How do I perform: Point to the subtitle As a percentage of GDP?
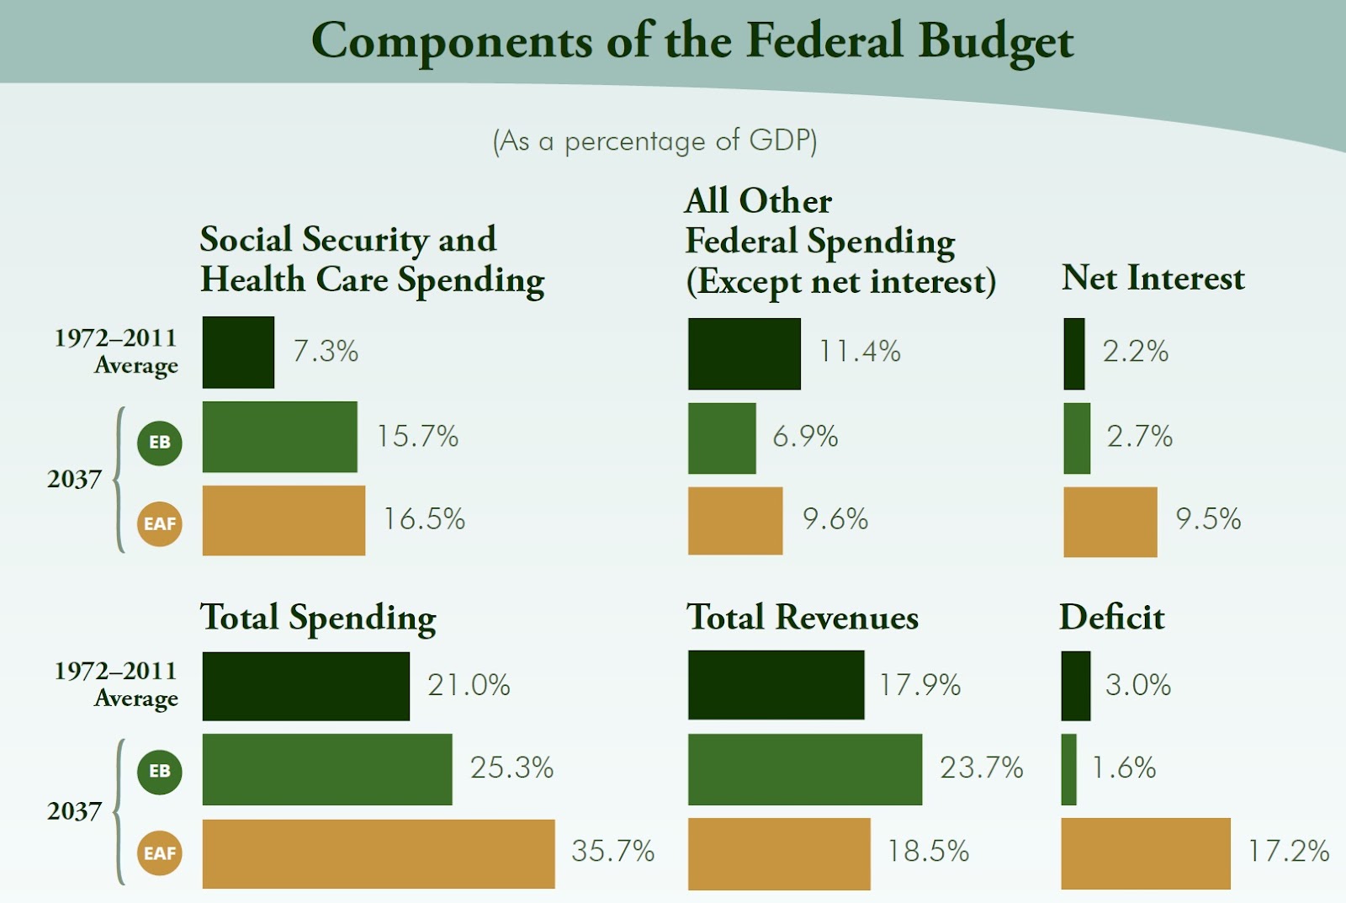(x=654, y=141)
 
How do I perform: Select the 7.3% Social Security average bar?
(x=238, y=353)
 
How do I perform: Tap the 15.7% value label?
(x=417, y=436)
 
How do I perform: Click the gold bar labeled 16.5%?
(x=284, y=520)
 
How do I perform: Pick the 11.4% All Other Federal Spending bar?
(x=744, y=353)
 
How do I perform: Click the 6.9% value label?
(x=805, y=436)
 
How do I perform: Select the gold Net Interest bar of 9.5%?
(x=1110, y=522)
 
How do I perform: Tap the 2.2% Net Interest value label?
(x=1135, y=352)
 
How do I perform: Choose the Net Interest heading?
(x=1153, y=278)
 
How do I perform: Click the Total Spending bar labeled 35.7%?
(x=378, y=853)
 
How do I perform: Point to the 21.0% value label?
(x=469, y=685)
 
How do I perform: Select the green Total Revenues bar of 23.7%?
(x=804, y=769)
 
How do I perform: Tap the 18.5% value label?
(x=928, y=851)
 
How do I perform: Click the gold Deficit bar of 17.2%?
(x=1145, y=853)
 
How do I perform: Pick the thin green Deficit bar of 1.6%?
(x=1068, y=769)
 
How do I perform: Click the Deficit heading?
(x=1111, y=618)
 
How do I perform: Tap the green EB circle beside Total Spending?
(x=160, y=771)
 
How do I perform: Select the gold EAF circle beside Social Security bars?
(x=160, y=523)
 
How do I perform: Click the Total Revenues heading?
(x=803, y=618)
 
